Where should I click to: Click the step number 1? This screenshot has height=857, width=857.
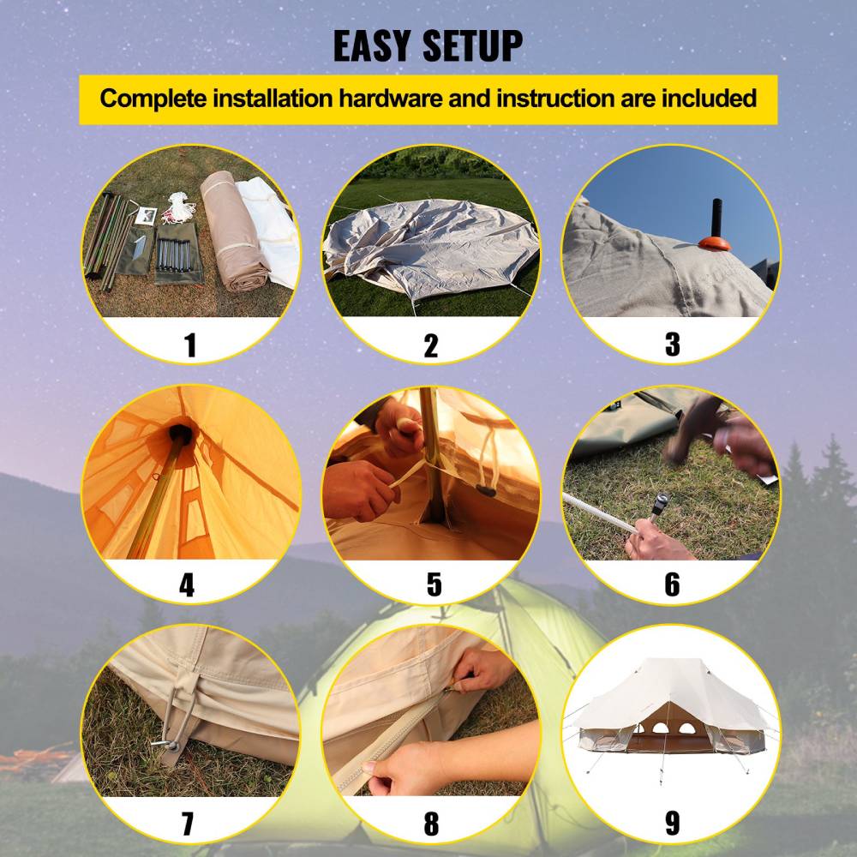click(x=190, y=345)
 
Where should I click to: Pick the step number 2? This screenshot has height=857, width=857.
click(x=430, y=345)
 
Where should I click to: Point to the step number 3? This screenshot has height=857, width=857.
click(x=672, y=345)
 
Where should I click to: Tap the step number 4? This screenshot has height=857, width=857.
click(x=187, y=584)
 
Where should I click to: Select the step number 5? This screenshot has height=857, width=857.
click(x=434, y=584)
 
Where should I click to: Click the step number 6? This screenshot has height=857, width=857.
click(x=672, y=584)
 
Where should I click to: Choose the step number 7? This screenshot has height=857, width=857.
click(x=188, y=823)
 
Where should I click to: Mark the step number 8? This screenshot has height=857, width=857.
click(x=431, y=823)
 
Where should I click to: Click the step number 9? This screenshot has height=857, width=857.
click(x=672, y=823)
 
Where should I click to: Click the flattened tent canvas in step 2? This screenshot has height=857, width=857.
click(x=428, y=244)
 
